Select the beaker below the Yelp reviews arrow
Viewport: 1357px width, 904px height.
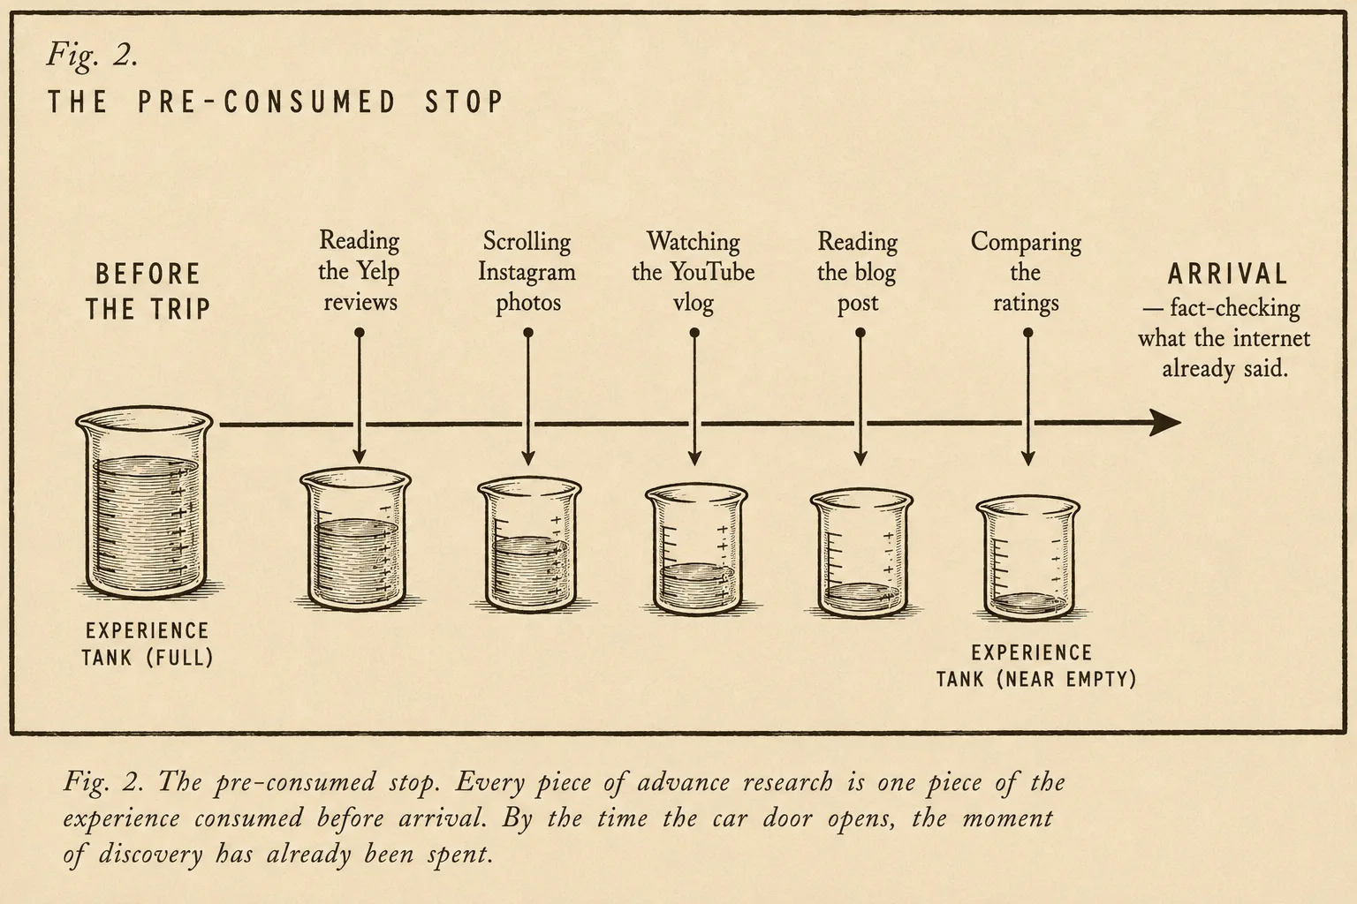pyautogui.click(x=356, y=539)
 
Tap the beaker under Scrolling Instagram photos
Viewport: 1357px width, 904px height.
pyautogui.click(x=529, y=545)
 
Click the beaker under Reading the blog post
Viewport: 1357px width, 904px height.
pyautogui.click(x=861, y=554)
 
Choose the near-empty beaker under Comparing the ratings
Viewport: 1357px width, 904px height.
pyautogui.click(x=1028, y=558)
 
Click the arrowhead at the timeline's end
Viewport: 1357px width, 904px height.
pyautogui.click(x=1165, y=423)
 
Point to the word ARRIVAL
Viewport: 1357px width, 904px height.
pyautogui.click(x=1227, y=275)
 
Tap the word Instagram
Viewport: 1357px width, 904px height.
pyautogui.click(x=527, y=272)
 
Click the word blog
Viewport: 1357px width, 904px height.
pyautogui.click(x=875, y=272)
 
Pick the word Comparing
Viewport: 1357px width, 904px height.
pyautogui.click(x=1026, y=242)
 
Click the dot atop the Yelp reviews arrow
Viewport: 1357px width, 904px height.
pyautogui.click(x=360, y=333)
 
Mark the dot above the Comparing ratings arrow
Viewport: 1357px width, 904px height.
pyautogui.click(x=1028, y=333)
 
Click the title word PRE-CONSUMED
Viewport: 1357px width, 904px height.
pyautogui.click(x=267, y=102)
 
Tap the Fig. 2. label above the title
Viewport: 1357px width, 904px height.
pyautogui.click(x=92, y=55)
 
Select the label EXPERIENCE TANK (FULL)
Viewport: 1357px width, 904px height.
pyautogui.click(x=148, y=644)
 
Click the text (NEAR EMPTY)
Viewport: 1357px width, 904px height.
pyautogui.click(x=1066, y=680)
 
